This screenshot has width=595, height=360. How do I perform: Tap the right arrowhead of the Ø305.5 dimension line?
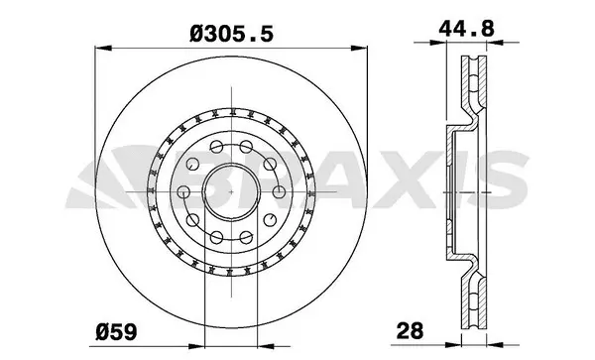pos(362,47)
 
